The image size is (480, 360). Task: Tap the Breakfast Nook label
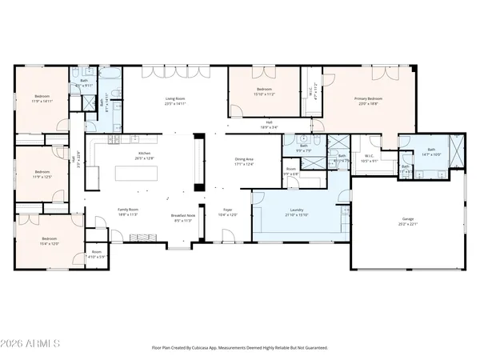click(x=183, y=218)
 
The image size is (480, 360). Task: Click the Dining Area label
click(x=243, y=162)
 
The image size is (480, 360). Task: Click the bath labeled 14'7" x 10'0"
click(x=430, y=151)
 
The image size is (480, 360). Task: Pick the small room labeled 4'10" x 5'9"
click(x=97, y=254)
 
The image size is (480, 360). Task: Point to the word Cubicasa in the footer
click(x=211, y=348)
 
